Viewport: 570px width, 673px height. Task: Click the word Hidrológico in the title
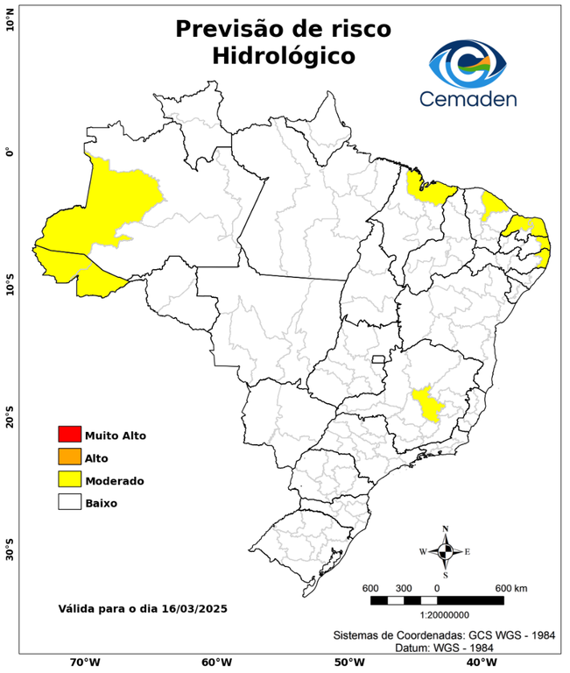tap(283, 56)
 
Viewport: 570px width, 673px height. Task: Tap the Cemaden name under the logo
tap(468, 98)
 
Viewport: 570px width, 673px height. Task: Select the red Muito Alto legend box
tap(69, 435)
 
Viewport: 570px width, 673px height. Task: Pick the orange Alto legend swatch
tap(69, 457)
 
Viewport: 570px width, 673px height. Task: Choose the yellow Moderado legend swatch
tap(69, 479)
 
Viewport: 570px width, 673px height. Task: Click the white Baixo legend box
tap(69, 502)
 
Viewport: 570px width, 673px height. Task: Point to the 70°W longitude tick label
tap(84, 662)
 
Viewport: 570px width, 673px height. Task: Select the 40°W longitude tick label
tap(478, 662)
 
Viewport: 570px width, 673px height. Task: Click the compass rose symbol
tap(445, 551)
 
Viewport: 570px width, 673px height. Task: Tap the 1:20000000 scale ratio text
tap(437, 616)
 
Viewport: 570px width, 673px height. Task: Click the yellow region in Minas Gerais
tap(427, 404)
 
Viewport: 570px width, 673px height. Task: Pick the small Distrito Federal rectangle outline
tap(379, 359)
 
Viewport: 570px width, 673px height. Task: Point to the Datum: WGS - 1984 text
tap(447, 648)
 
